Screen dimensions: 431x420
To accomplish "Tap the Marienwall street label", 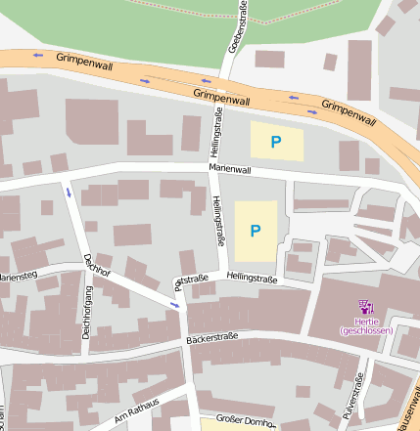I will pyautogui.click(x=230, y=169).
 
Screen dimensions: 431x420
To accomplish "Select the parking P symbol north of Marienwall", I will pyautogui.click(x=276, y=142).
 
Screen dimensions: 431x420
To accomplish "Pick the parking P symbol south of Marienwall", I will pyautogui.click(x=256, y=231).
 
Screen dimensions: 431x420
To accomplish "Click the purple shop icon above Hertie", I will pyautogui.click(x=366, y=307).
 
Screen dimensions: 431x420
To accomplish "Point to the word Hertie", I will pyautogui.click(x=366, y=321).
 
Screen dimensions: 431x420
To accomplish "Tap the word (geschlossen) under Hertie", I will pyautogui.click(x=366, y=330).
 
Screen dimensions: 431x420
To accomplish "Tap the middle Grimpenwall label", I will pyautogui.click(x=222, y=96).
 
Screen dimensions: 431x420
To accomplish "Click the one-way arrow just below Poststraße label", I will pyautogui.click(x=175, y=306).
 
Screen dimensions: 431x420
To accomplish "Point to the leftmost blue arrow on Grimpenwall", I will pyautogui.click(x=38, y=55).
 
